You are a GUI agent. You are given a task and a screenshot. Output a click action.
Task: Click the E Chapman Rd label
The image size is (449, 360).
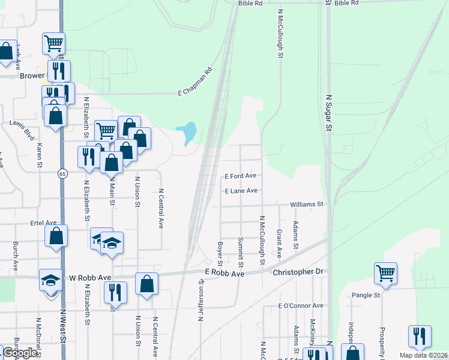[196, 82]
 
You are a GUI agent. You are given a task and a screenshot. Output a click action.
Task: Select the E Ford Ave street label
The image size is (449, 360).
[241, 176]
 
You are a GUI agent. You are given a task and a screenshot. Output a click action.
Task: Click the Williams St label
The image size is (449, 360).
[307, 205]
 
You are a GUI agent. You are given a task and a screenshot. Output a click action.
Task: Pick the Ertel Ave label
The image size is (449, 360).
[43, 223]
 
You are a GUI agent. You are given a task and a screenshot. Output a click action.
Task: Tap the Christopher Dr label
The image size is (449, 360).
[298, 272]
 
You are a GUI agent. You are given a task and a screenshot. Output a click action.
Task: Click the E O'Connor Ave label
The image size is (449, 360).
[301, 305]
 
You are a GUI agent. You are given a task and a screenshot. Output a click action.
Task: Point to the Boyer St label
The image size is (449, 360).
[220, 254]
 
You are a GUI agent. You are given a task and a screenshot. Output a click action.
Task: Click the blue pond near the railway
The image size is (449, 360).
[188, 133]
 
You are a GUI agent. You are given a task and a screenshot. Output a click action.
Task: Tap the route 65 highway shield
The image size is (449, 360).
[62, 173]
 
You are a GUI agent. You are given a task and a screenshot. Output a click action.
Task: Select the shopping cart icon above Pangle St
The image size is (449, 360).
[385, 272]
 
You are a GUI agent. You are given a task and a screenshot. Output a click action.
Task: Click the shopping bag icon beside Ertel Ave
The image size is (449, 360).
[56, 235]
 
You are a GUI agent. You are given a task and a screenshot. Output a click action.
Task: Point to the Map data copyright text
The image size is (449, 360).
[423, 355]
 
